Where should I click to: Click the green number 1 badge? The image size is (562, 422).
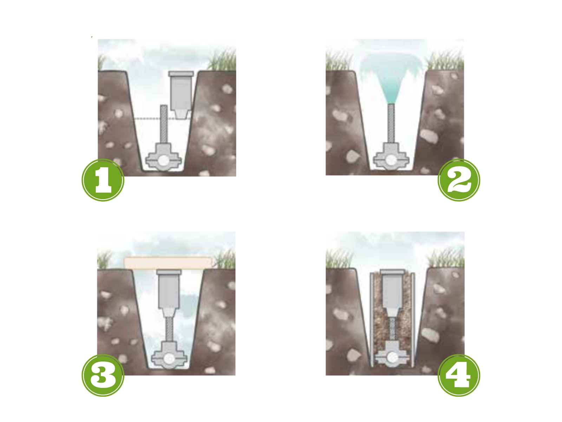103,180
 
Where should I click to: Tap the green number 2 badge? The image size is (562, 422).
459,180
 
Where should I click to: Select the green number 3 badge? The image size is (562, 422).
103,375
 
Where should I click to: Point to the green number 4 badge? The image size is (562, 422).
459,375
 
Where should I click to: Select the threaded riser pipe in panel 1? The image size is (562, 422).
164,124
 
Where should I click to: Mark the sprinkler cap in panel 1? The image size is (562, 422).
181,73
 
